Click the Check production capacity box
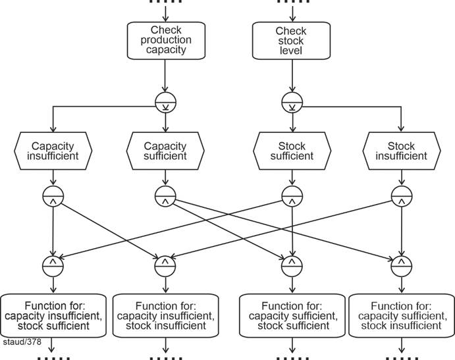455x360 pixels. [165, 39]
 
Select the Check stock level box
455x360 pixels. [290, 39]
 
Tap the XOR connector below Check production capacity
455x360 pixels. [165, 101]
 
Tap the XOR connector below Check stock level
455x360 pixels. [290, 101]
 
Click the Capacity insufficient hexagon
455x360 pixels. [52, 151]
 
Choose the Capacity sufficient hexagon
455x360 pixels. [165, 151]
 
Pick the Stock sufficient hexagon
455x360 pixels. [291, 151]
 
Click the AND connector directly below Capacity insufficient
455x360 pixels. [52, 195]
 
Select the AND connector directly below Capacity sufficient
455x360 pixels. [165, 195]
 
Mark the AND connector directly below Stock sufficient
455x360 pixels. [291, 195]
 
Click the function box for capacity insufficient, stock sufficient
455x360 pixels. [53, 315]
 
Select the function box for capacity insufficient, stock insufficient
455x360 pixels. [165, 315]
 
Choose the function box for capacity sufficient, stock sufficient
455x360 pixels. [290, 315]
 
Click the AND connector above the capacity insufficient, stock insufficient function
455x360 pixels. [165, 265]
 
